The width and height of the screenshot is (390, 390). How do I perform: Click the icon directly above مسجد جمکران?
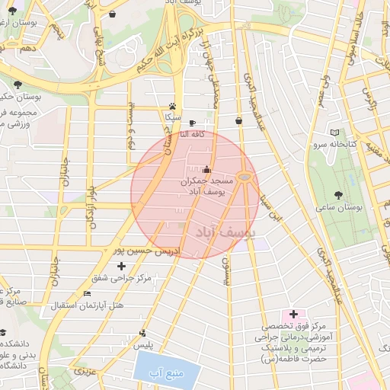coord(207,169)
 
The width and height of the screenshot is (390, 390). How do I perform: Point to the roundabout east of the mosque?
coord(245,177)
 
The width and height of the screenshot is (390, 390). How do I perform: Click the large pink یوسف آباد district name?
coord(228,230)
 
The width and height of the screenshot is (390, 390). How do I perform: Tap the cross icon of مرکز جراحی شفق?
coord(122,265)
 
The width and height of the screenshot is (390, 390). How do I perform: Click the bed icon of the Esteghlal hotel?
coord(86,293)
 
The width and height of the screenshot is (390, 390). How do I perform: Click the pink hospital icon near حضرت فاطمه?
coord(293,315)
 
